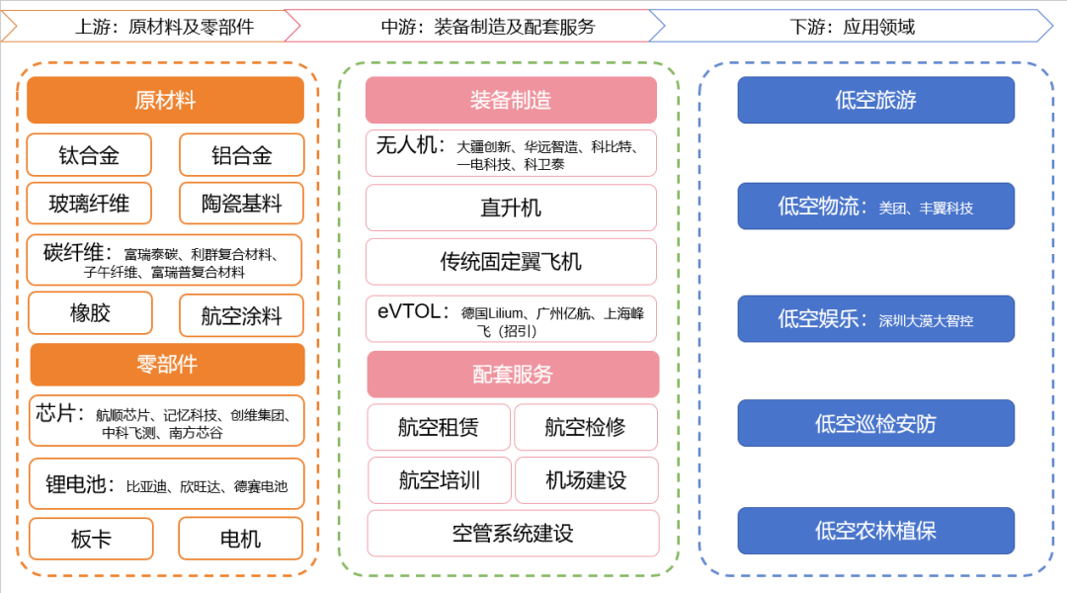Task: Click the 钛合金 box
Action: [x=89, y=155]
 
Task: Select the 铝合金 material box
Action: [x=241, y=155]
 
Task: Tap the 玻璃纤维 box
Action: [x=89, y=204]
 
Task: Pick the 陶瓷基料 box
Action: [x=241, y=204]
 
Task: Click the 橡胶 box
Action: [x=90, y=313]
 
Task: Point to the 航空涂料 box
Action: [x=241, y=316]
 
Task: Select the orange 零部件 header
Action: [x=167, y=365]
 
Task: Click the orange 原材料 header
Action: [x=165, y=100]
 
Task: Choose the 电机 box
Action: [x=240, y=539]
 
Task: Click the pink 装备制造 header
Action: [x=511, y=100]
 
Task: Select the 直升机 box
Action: [x=511, y=208]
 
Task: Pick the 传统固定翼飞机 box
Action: [x=511, y=261]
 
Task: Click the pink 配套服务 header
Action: [x=513, y=375]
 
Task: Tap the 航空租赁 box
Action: [x=439, y=427]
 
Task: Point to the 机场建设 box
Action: [x=586, y=480]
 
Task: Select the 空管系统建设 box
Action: [x=513, y=534]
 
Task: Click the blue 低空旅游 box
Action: [x=875, y=100]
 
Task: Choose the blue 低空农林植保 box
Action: [x=875, y=531]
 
